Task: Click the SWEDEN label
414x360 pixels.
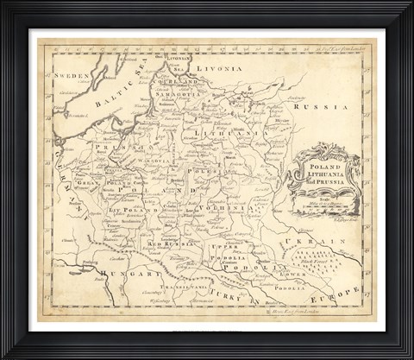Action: [x=72, y=76]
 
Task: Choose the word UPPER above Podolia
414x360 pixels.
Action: [x=222, y=248]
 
